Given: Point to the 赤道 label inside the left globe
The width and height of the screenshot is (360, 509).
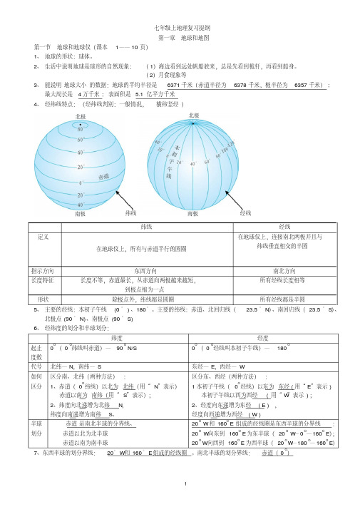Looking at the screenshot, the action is point(104,176).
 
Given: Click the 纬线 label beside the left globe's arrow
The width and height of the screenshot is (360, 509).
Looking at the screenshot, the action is point(131,212).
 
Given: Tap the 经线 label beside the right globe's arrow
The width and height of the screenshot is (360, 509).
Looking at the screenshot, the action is point(246,212).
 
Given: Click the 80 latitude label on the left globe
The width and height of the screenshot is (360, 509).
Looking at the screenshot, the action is point(81,129).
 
